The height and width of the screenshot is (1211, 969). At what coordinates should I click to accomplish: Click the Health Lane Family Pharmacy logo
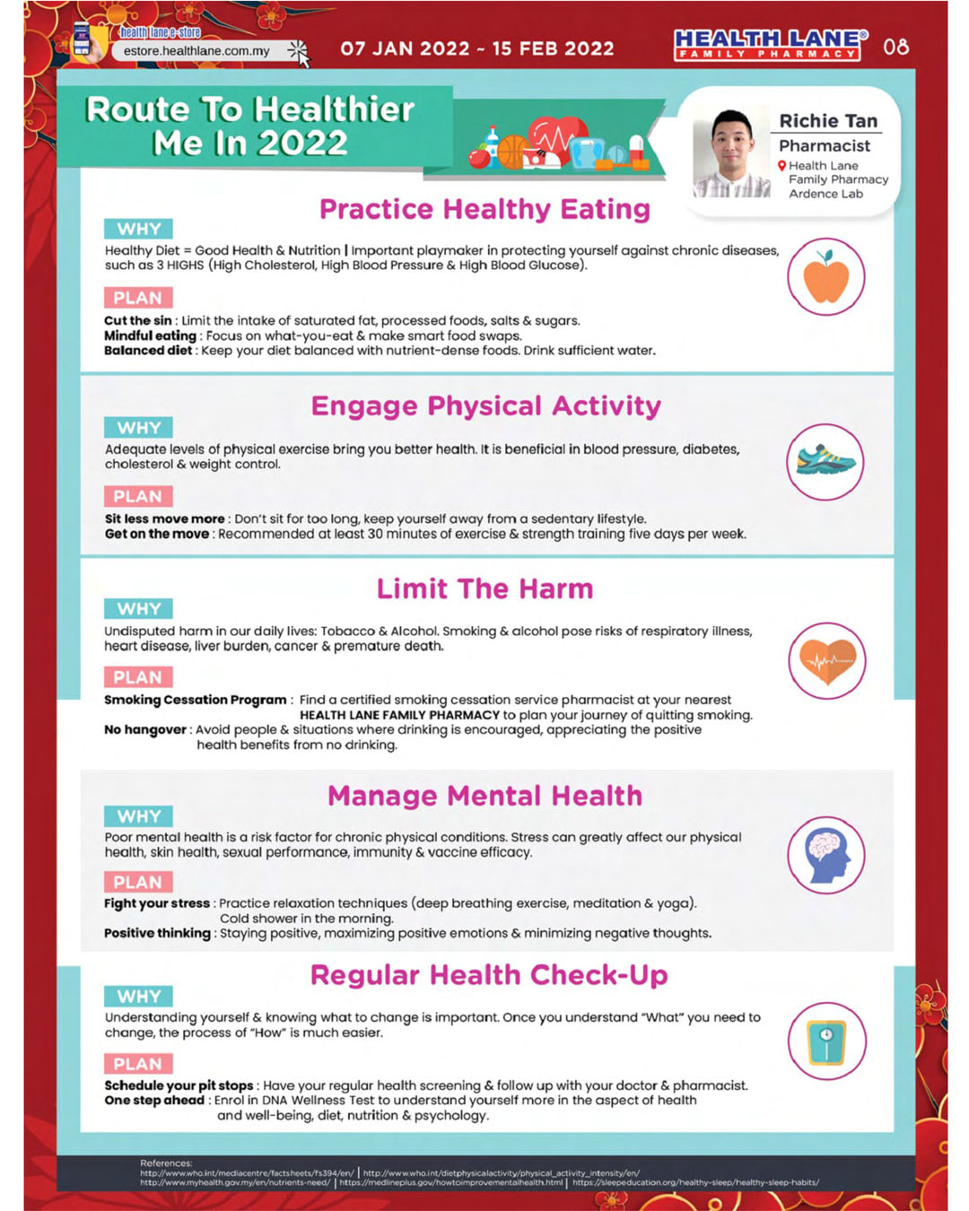coord(770,45)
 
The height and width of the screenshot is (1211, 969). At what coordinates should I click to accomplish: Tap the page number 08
coord(895,47)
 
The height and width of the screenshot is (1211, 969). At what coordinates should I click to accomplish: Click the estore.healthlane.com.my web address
coord(196,51)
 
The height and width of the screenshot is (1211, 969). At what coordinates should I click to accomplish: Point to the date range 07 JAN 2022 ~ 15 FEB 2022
coord(477,48)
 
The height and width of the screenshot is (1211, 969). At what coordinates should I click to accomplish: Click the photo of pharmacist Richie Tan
coord(731,153)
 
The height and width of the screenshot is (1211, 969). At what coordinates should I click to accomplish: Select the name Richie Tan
coord(827,121)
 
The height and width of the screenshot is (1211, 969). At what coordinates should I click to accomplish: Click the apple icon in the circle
coord(826,277)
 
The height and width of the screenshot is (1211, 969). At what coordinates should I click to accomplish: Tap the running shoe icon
coord(825,461)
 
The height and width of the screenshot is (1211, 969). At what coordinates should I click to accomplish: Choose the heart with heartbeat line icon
coord(826,661)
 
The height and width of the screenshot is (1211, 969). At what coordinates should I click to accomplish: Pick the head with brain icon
coord(826,855)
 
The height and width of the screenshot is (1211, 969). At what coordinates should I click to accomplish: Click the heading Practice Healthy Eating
coord(484,209)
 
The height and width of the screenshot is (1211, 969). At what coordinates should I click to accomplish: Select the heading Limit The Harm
coord(484,588)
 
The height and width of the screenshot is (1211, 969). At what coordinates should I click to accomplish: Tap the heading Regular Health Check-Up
coord(489,975)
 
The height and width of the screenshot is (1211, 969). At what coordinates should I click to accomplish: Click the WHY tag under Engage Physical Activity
coord(138,428)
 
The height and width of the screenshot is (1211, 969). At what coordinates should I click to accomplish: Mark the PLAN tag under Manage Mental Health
coord(137,882)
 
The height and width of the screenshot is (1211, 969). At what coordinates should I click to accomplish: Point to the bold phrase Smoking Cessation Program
coord(195,700)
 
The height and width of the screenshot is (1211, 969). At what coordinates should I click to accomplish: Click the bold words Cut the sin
coord(137,320)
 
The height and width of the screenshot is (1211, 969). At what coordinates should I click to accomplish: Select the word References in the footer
coord(166,1163)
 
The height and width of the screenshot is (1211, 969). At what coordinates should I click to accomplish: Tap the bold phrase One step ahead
coord(154,1100)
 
